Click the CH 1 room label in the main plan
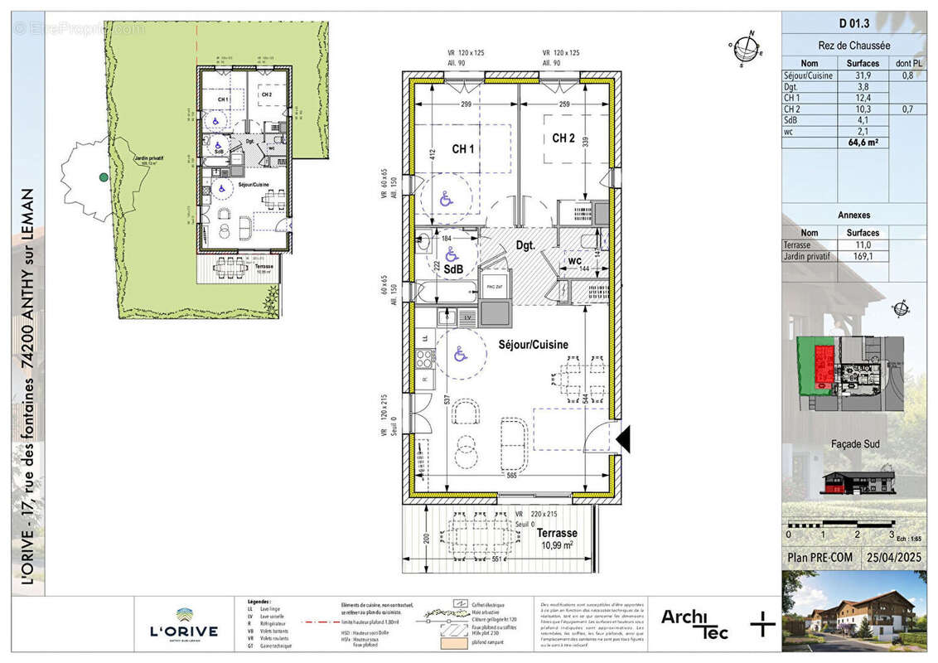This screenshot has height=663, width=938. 463,149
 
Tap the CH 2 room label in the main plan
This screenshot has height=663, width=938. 563,138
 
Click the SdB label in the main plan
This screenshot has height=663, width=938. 453,269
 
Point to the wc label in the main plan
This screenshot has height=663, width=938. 573,261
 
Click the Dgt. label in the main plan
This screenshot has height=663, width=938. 525,246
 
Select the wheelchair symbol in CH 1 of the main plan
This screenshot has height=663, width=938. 446,199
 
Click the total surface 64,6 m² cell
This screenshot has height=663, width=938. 863,143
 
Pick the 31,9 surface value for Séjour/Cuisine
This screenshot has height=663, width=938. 863,75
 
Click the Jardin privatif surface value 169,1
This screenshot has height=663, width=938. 863,257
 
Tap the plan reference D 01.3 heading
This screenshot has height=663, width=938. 853,24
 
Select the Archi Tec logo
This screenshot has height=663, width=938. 694,622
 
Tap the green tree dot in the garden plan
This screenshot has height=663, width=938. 104,177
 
